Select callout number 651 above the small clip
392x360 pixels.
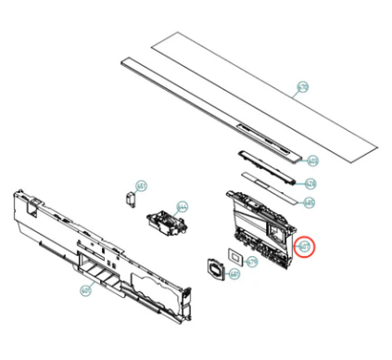[141, 186]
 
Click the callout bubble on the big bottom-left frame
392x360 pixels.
[84, 290]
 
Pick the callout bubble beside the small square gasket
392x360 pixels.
[252, 263]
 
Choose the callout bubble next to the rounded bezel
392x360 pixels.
[234, 275]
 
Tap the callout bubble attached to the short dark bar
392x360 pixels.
[312, 161]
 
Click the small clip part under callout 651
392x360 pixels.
[130, 198]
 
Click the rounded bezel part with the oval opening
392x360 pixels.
[216, 268]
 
